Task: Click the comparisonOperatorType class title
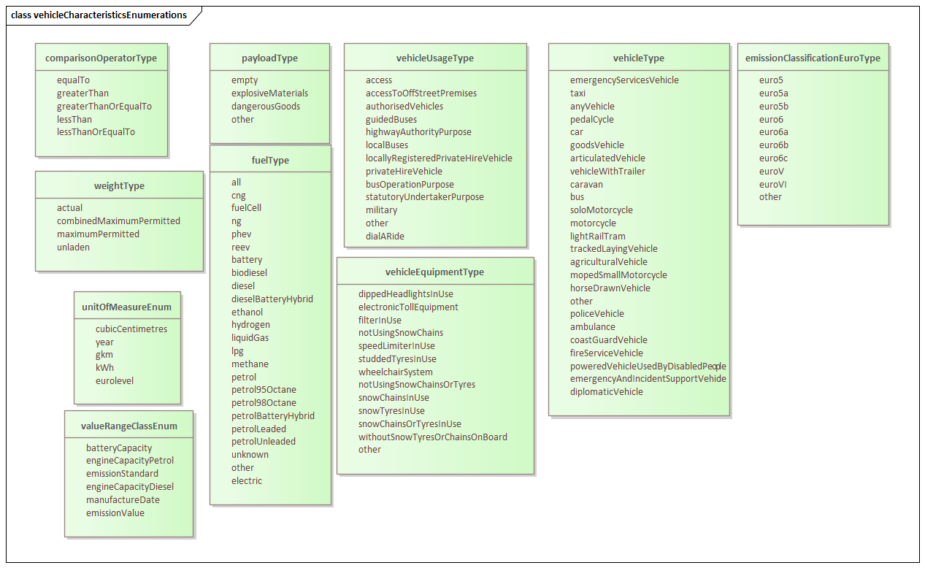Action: [x=101, y=58]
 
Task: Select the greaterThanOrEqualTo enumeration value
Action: [x=104, y=106]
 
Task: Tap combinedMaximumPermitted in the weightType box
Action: [x=118, y=220]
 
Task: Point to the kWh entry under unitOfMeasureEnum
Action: [x=104, y=367]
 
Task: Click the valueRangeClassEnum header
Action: [x=129, y=426]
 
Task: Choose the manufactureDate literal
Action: [x=123, y=500]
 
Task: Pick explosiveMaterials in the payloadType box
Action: [x=269, y=93]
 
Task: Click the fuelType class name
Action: [x=270, y=160]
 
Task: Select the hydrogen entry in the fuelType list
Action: [x=250, y=324]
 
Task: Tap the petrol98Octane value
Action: [x=264, y=402]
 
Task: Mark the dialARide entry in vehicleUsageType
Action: [x=385, y=236]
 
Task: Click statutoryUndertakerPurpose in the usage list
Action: [x=425, y=196]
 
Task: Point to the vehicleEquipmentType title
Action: [x=434, y=272]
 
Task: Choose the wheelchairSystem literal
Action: [x=396, y=372]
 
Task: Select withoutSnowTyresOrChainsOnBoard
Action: [x=432, y=437]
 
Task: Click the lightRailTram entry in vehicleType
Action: [x=597, y=236]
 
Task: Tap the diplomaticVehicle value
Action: [x=606, y=391]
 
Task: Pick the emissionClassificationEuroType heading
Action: [x=813, y=58]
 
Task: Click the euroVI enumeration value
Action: [x=772, y=184]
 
